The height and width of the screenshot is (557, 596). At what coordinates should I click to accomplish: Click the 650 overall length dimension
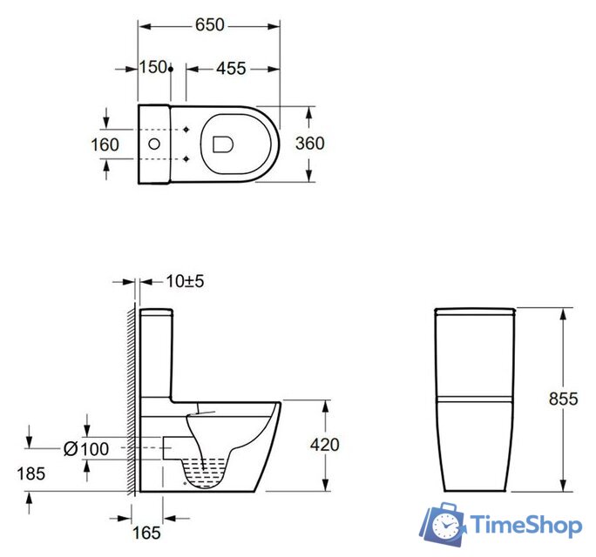pyautogui.click(x=209, y=25)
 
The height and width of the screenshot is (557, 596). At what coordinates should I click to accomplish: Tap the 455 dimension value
pyautogui.click(x=231, y=69)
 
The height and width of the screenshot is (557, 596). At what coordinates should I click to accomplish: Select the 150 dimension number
pyautogui.click(x=153, y=67)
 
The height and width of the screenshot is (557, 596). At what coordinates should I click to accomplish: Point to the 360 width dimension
pyautogui.click(x=310, y=144)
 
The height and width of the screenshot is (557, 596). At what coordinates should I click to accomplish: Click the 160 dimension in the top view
pyautogui.click(x=105, y=144)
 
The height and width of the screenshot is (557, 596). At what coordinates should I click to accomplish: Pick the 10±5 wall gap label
pyautogui.click(x=185, y=281)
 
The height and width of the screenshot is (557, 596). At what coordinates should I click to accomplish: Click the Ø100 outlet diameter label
pyautogui.click(x=86, y=449)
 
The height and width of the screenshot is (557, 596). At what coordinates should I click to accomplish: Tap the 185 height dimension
pyautogui.click(x=31, y=473)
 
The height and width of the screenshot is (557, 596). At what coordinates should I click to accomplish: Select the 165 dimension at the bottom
pyautogui.click(x=146, y=534)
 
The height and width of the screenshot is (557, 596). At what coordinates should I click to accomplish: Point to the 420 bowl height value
pyautogui.click(x=325, y=445)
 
